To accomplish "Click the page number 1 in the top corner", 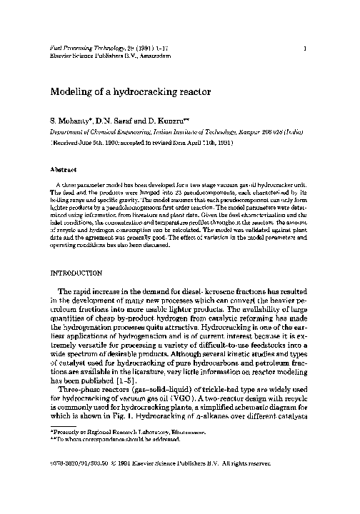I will click(305, 49).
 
